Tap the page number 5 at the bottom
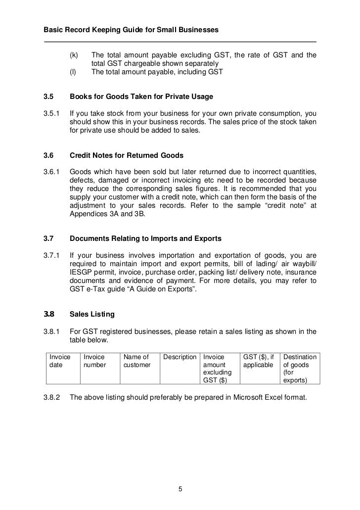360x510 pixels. [180, 490]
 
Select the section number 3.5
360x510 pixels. [49, 97]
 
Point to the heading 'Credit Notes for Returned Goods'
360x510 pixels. [126, 155]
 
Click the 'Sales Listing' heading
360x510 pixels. [92, 314]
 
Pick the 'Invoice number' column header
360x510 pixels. [95, 361]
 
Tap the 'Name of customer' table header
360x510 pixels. [136, 361]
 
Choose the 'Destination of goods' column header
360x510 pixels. [300, 369]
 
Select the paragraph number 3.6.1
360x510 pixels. [51, 172]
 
